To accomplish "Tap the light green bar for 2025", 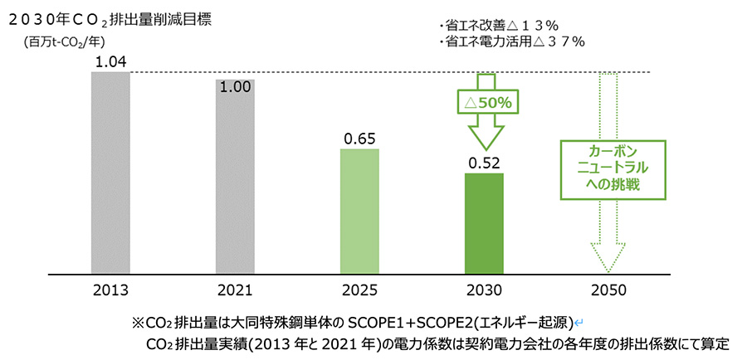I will point(359,212).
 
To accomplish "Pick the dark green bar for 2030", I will point(484,223).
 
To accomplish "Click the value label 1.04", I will point(110,61).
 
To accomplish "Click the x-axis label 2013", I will point(110,290).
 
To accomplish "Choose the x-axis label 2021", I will point(235,290).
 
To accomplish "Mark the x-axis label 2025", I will point(359,290).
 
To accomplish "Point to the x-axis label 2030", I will point(484,290).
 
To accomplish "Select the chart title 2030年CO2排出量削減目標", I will point(109,19).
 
